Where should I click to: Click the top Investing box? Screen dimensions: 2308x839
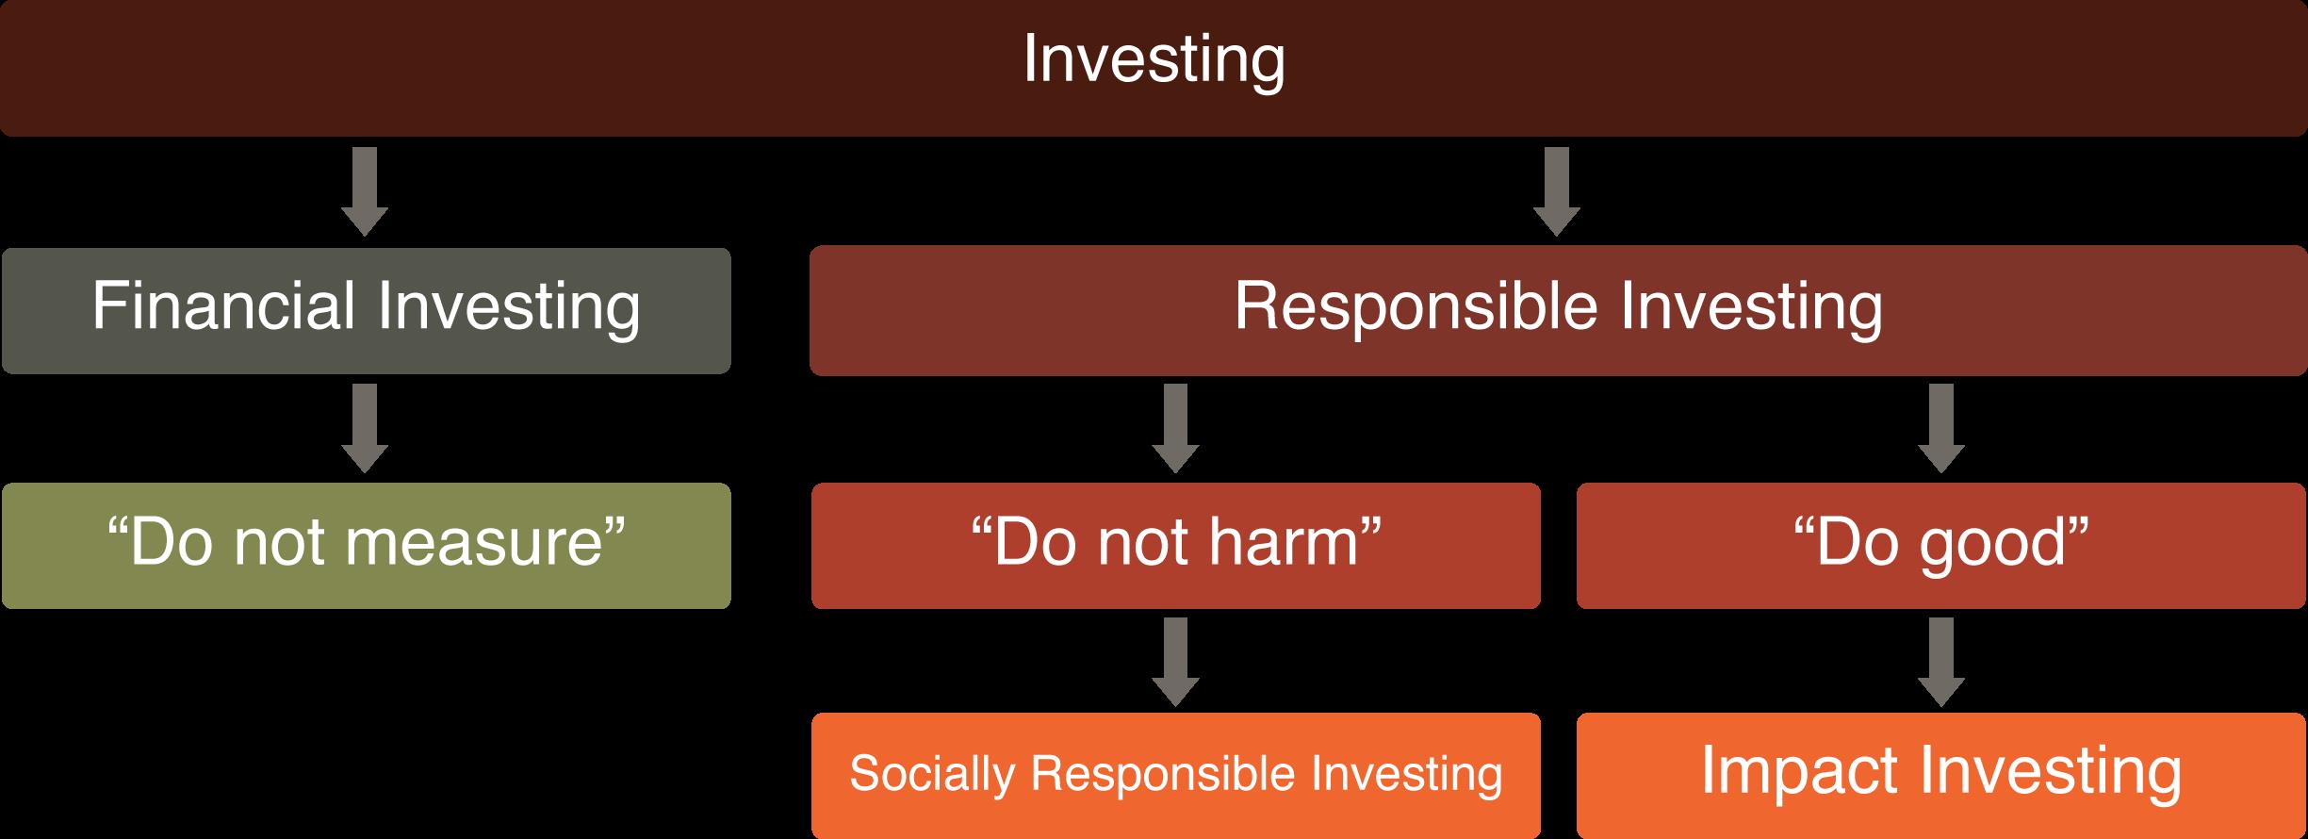click(1154, 68)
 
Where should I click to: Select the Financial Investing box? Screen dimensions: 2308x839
click(366, 310)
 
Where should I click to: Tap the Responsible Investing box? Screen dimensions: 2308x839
click(1558, 310)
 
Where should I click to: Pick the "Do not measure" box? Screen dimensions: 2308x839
click(366, 546)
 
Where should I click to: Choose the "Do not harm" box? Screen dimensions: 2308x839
click(1175, 546)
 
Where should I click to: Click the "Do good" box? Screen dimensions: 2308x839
click(1940, 546)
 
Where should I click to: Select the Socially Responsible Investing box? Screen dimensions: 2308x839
click(1175, 775)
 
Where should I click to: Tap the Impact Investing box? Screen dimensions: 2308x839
click(1940, 775)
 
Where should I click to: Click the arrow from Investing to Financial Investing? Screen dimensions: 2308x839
click(365, 191)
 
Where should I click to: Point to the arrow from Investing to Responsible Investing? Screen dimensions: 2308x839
click(1556, 191)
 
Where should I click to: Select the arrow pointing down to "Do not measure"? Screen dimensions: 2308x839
click(365, 428)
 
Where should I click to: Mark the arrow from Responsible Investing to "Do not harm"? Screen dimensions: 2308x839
click(1175, 428)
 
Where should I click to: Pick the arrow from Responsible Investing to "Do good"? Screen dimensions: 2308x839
click(1940, 428)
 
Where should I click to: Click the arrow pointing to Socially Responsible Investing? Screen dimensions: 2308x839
click(1175, 662)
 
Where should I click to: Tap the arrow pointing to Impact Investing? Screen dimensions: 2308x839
click(1940, 662)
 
